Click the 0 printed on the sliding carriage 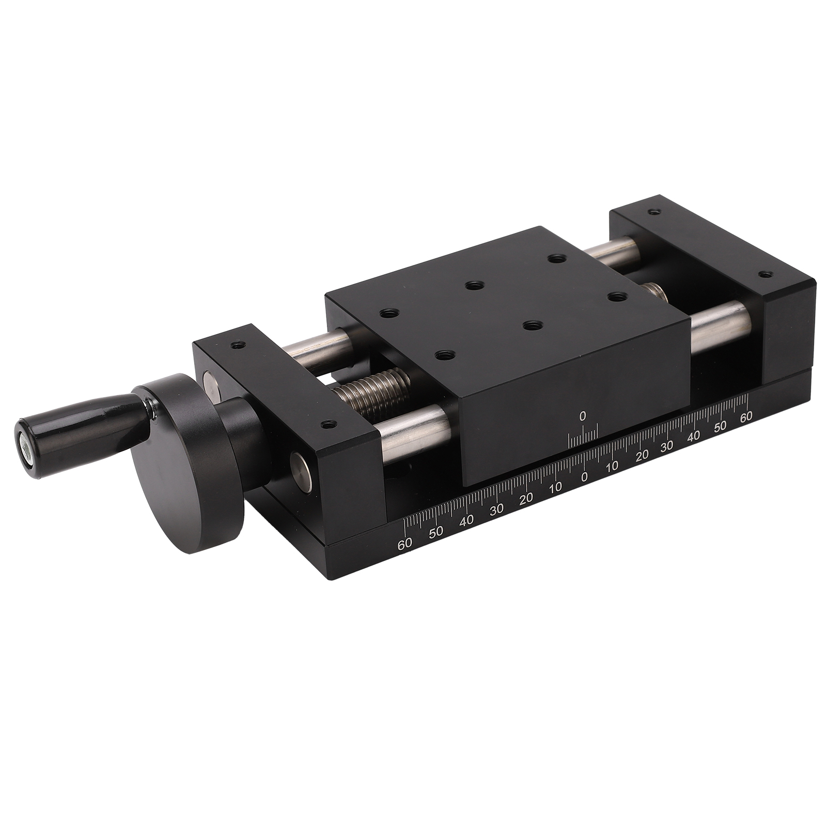coord(583,415)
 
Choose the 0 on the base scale coord(584,476)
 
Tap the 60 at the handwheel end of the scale coord(404,543)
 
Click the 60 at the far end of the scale coord(745,417)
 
